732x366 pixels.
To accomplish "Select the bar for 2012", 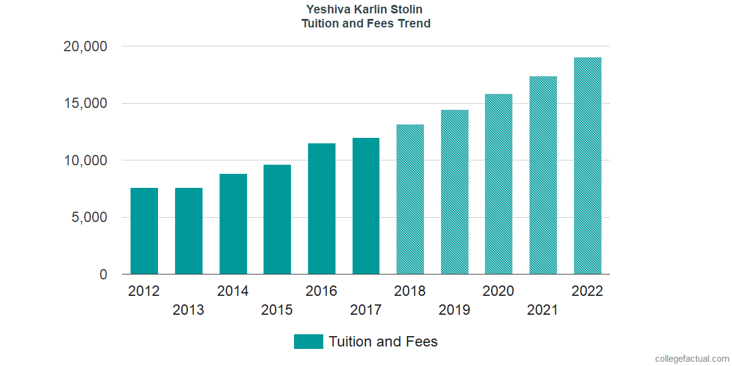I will [144, 231].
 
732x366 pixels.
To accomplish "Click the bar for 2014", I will [233, 224].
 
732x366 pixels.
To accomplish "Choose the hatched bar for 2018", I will [410, 199].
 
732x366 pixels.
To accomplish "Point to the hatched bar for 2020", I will [498, 184].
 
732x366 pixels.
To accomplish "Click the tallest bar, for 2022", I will [587, 166].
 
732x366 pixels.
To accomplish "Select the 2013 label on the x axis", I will [188, 310].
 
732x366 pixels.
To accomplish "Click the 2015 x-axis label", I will [277, 310].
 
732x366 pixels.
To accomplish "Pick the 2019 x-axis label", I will [454, 310].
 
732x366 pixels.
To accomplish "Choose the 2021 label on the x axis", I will [543, 310].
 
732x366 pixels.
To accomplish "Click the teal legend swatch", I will [308, 342].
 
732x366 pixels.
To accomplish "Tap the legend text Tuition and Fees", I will [383, 342].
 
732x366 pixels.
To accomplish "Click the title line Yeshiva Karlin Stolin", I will [366, 10].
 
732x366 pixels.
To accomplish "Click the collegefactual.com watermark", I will [692, 359].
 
